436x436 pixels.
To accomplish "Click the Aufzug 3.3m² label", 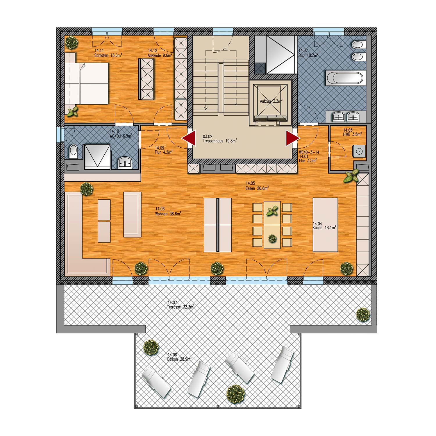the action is click(x=271, y=101).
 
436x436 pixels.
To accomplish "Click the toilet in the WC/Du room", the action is click(x=74, y=151).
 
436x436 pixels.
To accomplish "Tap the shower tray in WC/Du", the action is click(x=97, y=157).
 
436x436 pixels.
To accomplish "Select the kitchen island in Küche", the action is click(x=325, y=225).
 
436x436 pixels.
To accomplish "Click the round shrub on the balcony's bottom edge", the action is click(x=236, y=394).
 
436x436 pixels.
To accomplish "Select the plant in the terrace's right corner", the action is click(x=363, y=315).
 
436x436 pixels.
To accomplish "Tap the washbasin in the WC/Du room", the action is click(x=125, y=163).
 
